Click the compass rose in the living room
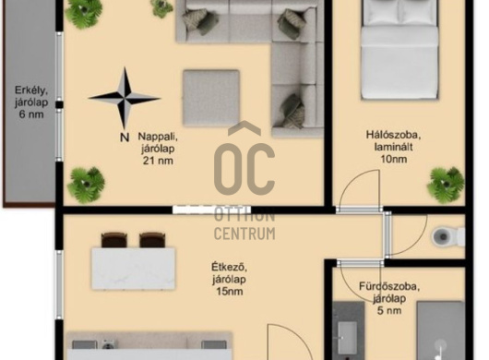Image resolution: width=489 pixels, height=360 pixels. click(125, 98)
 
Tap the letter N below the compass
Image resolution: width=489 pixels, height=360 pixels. click(125, 137)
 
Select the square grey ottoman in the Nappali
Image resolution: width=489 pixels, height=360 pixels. click(211, 98)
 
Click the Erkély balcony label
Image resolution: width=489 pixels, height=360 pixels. click(31, 102)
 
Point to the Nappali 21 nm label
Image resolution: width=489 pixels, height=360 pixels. click(158, 149)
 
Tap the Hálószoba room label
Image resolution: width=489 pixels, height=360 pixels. click(393, 147)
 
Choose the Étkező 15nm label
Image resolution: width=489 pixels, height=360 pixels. click(230, 279)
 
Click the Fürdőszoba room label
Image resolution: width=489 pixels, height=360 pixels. click(389, 298)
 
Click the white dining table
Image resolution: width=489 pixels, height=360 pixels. click(134, 269)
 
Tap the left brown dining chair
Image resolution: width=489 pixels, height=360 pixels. click(114, 240)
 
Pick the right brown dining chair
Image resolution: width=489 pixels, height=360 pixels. click(152, 240)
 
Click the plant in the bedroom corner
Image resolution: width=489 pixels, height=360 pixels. click(446, 185)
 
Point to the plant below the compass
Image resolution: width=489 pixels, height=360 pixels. click(86, 185)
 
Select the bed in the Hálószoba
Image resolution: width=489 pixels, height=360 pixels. click(400, 50)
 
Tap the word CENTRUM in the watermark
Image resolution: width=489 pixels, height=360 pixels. click(244, 234)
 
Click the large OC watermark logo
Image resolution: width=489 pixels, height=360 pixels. click(244, 162)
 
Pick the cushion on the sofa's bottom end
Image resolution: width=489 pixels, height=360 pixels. click(292, 111)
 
